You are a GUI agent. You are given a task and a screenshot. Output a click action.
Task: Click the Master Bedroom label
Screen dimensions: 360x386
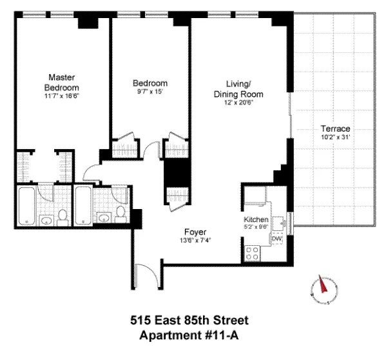point(61,81)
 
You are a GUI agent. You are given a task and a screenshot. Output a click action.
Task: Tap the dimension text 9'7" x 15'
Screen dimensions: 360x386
point(151,92)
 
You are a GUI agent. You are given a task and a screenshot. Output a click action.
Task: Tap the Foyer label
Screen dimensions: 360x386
point(194,231)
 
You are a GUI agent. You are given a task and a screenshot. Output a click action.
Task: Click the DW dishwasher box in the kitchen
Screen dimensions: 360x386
point(277,239)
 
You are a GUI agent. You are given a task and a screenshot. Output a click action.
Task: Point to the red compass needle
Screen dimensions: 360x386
point(320,285)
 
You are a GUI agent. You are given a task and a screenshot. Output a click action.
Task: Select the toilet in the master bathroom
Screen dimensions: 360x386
point(62,215)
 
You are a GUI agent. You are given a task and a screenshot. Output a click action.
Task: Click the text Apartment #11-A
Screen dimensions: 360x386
point(194,335)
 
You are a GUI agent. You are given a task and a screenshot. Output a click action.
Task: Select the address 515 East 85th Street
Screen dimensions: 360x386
point(194,321)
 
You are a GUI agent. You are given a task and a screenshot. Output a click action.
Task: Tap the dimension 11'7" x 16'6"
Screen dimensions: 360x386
point(61,96)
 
